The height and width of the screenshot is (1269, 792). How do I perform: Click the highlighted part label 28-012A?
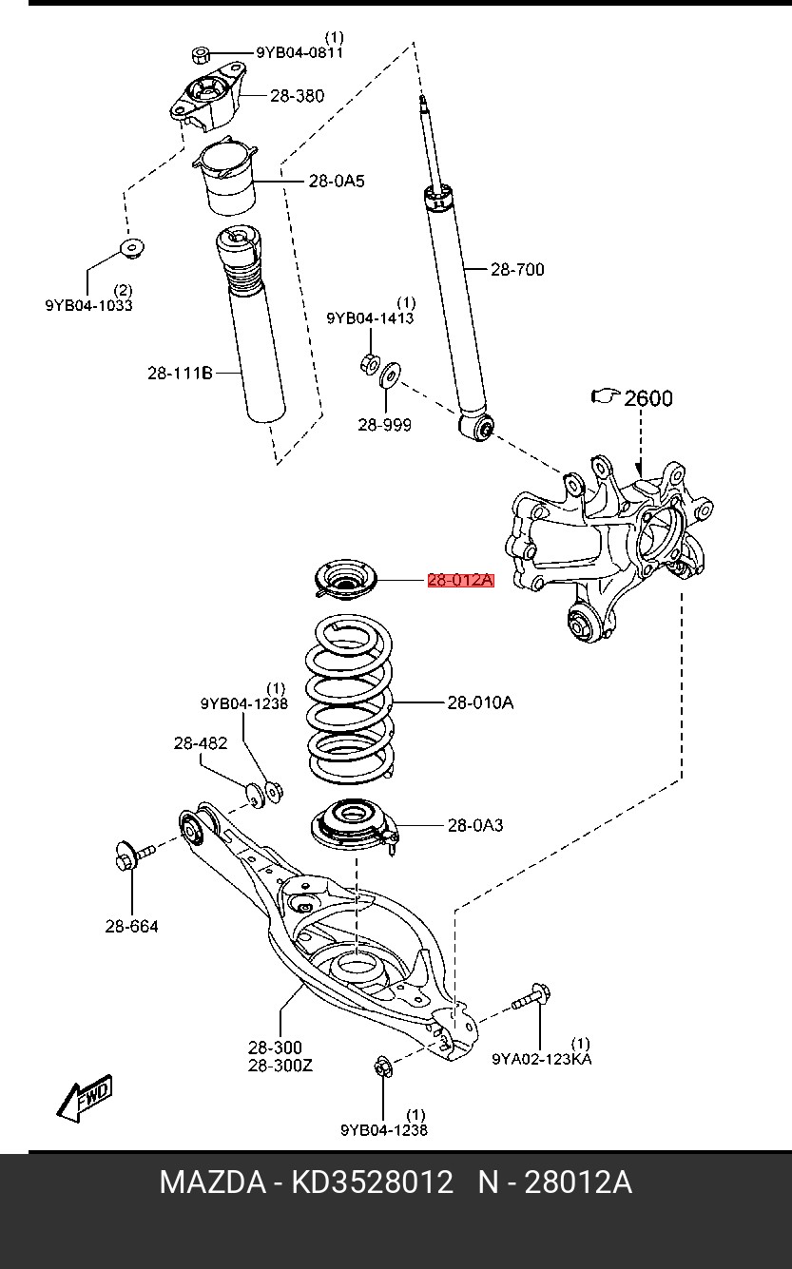[x=460, y=580]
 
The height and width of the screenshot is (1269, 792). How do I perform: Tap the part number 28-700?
[x=517, y=269]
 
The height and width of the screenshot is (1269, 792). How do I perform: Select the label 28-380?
[x=297, y=96]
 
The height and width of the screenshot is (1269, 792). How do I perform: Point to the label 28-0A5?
[x=337, y=182]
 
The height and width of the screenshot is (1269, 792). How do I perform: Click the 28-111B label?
[x=180, y=373]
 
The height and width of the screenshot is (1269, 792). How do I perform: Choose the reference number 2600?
[x=648, y=398]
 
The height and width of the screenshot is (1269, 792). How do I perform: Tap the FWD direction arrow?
[x=85, y=1097]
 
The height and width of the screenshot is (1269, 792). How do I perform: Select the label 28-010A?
[x=480, y=703]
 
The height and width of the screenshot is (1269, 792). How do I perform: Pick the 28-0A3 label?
[x=475, y=825]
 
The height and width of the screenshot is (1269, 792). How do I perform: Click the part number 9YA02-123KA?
[x=542, y=1059]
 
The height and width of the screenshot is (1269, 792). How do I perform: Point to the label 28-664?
[x=131, y=926]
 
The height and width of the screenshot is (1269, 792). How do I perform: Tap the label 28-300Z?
[x=280, y=1066]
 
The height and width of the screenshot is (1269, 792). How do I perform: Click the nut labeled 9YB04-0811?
[x=200, y=55]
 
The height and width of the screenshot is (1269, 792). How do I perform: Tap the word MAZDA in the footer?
[x=213, y=1182]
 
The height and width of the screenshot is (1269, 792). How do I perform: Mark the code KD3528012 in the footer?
[x=372, y=1182]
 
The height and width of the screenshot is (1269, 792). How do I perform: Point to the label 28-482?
[x=201, y=742]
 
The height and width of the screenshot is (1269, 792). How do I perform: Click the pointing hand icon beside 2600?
[x=606, y=396]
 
